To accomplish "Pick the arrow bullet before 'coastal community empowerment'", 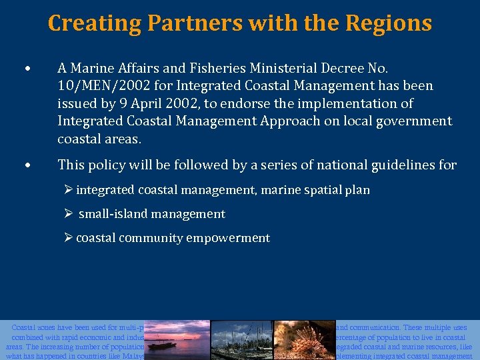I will (69, 238).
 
